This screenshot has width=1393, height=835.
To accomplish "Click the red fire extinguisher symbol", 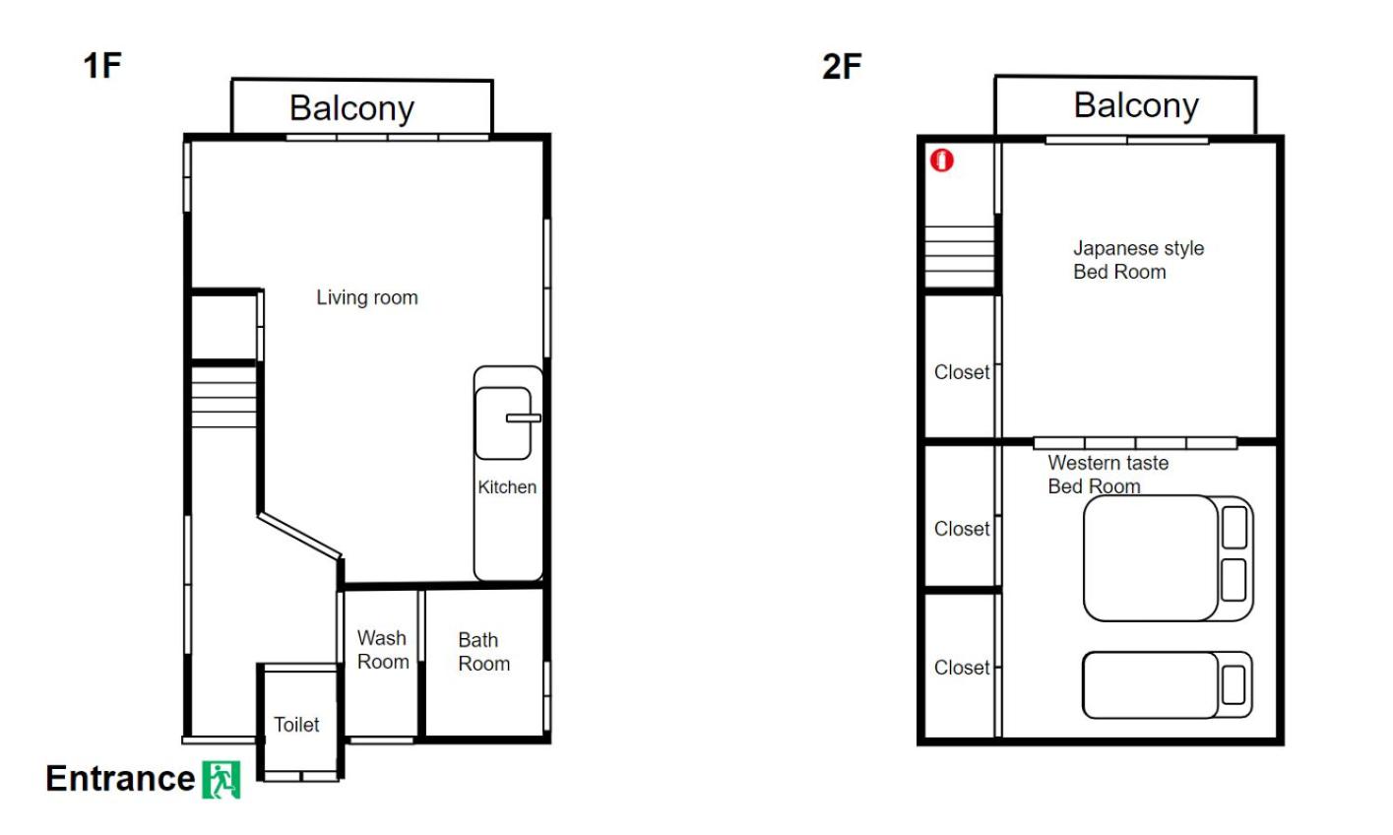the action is pyautogui.click(x=941, y=161).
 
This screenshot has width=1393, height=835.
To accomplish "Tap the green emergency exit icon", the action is pyautogui.click(x=222, y=780).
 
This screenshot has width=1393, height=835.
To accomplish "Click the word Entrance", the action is pyautogui.click(x=121, y=778).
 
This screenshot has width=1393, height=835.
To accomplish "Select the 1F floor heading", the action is pyautogui.click(x=102, y=65).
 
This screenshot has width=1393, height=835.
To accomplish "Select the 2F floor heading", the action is pyautogui.click(x=842, y=67).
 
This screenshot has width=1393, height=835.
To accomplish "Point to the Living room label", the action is pyautogui.click(x=367, y=297).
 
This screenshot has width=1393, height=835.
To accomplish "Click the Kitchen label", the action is pyautogui.click(x=507, y=486).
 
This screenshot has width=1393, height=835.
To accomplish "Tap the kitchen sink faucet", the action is pyautogui.click(x=524, y=418).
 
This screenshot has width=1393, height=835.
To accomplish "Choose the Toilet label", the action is pyautogui.click(x=296, y=725).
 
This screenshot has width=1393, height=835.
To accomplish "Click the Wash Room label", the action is pyautogui.click(x=383, y=650).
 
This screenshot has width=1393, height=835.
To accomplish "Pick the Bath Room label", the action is pyautogui.click(x=483, y=652).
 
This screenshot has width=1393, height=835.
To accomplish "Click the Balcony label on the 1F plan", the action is pyautogui.click(x=352, y=108).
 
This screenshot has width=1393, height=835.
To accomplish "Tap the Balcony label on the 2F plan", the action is pyautogui.click(x=1136, y=105).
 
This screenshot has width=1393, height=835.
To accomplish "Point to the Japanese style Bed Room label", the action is pyautogui.click(x=1139, y=259).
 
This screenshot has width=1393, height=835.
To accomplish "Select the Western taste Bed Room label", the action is pyautogui.click(x=1108, y=475).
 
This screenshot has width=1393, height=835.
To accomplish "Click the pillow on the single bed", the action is pyautogui.click(x=1234, y=685).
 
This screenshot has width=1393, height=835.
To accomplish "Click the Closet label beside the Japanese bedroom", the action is pyautogui.click(x=962, y=372).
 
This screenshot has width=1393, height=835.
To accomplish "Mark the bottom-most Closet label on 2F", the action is pyautogui.click(x=962, y=668).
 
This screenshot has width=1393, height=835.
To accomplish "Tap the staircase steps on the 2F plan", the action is pyautogui.click(x=960, y=256).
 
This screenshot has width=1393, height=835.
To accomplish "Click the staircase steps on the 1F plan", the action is pyautogui.click(x=223, y=397).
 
